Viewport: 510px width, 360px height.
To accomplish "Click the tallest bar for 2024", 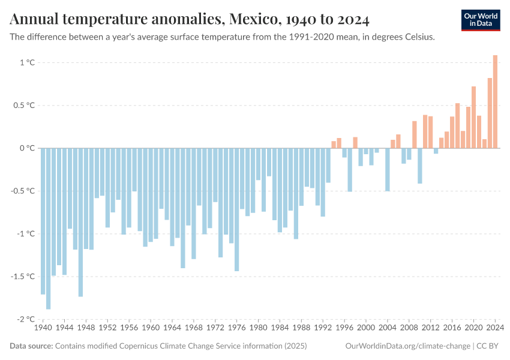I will coord(495,102).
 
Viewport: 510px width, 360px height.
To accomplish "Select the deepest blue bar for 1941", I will coord(49,228).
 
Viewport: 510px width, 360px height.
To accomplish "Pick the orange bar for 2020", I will coord(473,117).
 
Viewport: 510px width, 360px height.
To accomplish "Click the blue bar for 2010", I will coord(420,166).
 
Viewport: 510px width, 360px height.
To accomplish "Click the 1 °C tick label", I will coord(28,62).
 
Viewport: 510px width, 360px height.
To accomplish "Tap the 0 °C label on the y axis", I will coord(28,148).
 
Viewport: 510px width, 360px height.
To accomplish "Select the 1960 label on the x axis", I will coord(151,328).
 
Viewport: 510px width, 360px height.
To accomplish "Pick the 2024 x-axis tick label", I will coord(495,328).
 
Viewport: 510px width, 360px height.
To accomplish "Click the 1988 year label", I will coord(301,328).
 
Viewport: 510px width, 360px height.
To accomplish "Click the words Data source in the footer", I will coord(31,346).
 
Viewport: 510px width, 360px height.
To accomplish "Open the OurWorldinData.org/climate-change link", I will coord(408,346).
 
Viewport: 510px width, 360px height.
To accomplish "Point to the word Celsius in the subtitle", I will coord(419,37).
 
